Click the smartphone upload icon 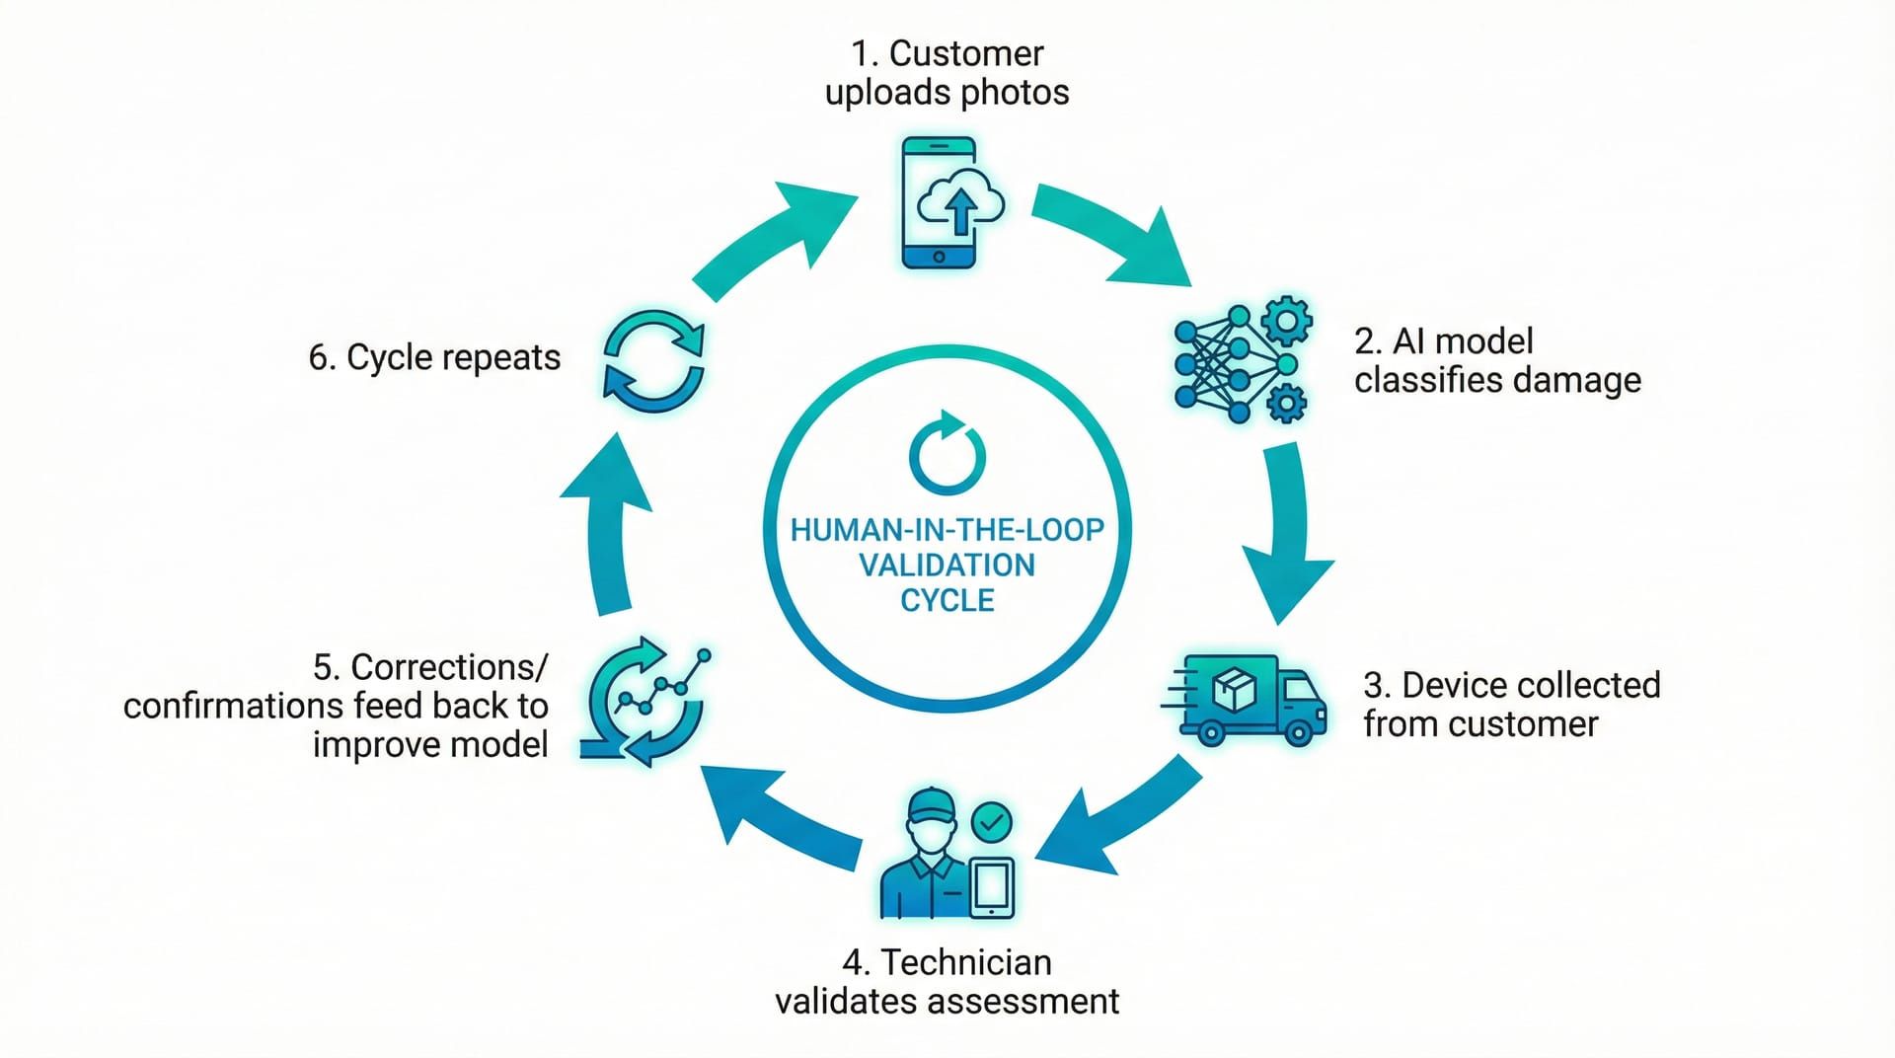[940, 203]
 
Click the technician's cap [932, 803]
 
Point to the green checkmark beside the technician [991, 821]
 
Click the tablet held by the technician [992, 886]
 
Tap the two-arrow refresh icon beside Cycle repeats [653, 362]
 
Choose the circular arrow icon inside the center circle [947, 453]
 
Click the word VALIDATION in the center [947, 566]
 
